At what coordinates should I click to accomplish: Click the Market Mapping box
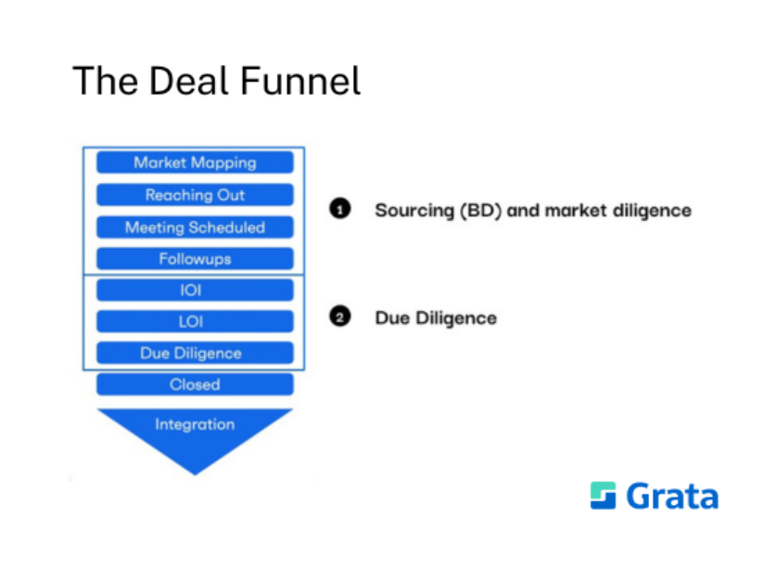click(x=195, y=162)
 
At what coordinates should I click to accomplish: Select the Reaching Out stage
click(x=195, y=195)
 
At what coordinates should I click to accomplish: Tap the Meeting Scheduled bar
click(x=195, y=227)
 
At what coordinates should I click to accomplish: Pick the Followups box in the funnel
click(x=195, y=259)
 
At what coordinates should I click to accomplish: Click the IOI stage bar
click(x=195, y=291)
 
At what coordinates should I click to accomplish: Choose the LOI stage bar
click(x=195, y=322)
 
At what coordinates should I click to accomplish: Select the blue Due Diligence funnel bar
click(x=195, y=354)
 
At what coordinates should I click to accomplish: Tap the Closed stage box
click(x=195, y=384)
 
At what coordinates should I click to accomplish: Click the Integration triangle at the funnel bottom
click(x=195, y=432)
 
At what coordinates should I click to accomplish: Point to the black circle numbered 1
click(x=340, y=210)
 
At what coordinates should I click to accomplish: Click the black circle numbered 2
click(x=340, y=317)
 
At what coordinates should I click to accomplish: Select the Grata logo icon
click(x=603, y=495)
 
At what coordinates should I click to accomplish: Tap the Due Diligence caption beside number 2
click(x=436, y=318)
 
